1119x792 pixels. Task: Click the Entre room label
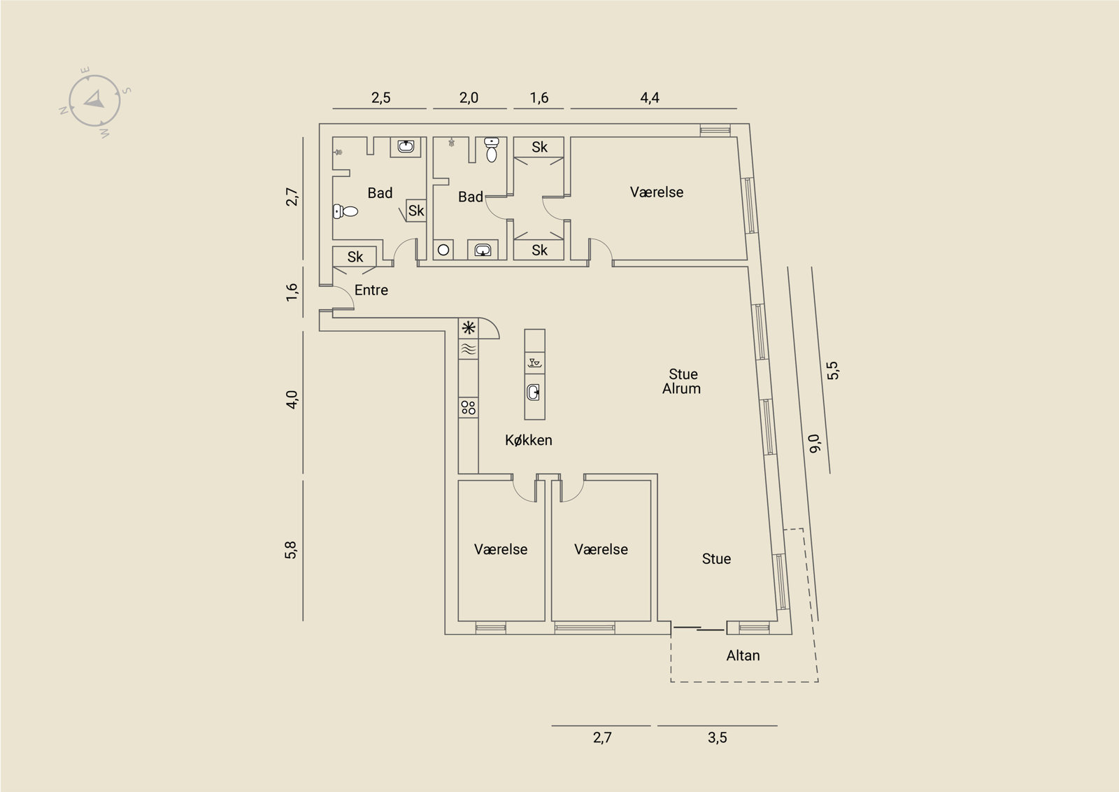[371, 290]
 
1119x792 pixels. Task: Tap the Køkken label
[529, 439]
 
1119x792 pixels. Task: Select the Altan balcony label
[743, 656]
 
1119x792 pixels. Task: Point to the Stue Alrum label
[682, 381]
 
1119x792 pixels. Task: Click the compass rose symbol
[94, 101]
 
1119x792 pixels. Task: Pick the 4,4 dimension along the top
[650, 97]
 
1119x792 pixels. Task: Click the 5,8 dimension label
[291, 550]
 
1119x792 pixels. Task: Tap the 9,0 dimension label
[815, 444]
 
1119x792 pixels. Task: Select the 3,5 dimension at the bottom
[718, 737]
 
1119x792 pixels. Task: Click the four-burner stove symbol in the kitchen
[468, 407]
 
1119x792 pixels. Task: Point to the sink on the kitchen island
[534, 393]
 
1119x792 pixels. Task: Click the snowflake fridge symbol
[468, 328]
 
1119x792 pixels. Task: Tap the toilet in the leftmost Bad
[345, 211]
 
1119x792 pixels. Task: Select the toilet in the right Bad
[492, 150]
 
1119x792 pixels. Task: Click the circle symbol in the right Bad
[443, 250]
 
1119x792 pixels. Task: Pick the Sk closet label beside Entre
[355, 257]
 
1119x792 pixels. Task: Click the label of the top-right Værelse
[657, 192]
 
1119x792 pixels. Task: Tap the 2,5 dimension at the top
[380, 97]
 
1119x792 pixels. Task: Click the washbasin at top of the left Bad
[405, 146]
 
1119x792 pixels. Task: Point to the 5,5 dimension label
[833, 370]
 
